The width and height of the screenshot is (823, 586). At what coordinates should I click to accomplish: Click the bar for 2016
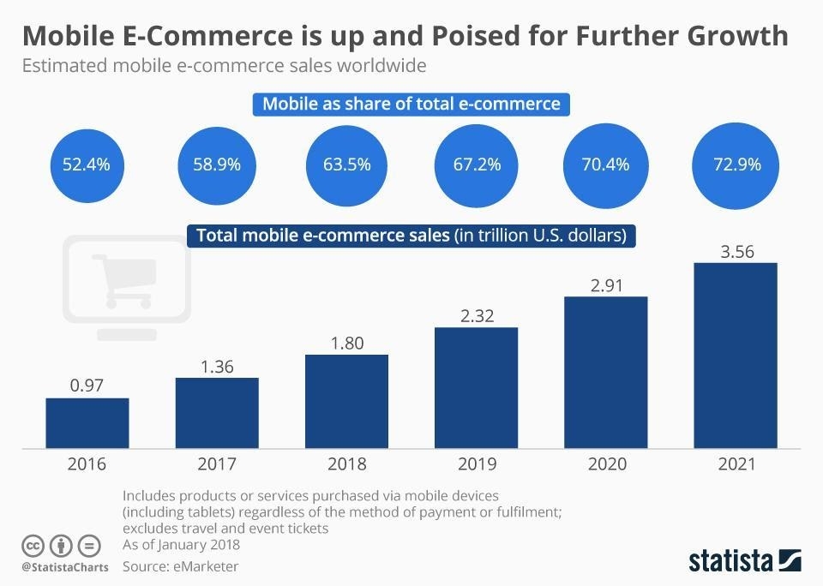87,423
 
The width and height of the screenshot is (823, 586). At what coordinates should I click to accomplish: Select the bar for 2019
476,388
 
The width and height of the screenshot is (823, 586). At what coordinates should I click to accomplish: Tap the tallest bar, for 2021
735,356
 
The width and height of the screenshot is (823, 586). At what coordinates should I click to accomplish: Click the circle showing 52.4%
86,164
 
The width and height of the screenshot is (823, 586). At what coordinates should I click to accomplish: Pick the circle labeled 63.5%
346,164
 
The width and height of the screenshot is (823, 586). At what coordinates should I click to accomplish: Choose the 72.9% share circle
736,164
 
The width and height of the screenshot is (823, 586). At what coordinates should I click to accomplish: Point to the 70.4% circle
606,164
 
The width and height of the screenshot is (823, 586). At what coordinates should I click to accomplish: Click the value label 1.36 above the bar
217,366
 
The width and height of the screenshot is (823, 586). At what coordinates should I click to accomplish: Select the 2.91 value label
606,284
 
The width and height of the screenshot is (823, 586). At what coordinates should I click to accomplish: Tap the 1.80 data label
346,343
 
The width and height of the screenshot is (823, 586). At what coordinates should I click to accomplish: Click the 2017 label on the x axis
217,464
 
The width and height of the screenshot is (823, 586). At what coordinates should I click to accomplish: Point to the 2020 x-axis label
606,464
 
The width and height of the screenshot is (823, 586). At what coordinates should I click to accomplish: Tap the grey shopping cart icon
129,281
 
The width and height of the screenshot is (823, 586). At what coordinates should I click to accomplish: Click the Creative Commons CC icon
33,545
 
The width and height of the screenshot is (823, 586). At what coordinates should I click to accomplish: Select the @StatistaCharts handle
64,566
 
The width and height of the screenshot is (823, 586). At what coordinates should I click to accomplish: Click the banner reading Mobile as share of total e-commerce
411,105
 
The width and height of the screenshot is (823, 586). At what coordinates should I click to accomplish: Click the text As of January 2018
181,544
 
